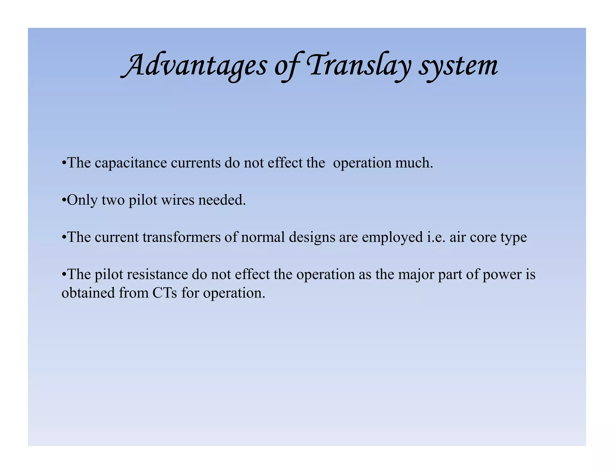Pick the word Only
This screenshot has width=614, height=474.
pos(82,200)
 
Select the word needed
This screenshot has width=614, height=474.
pos(222,200)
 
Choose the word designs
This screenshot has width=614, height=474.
pos(312,237)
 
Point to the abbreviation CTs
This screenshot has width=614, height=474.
pos(165,293)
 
